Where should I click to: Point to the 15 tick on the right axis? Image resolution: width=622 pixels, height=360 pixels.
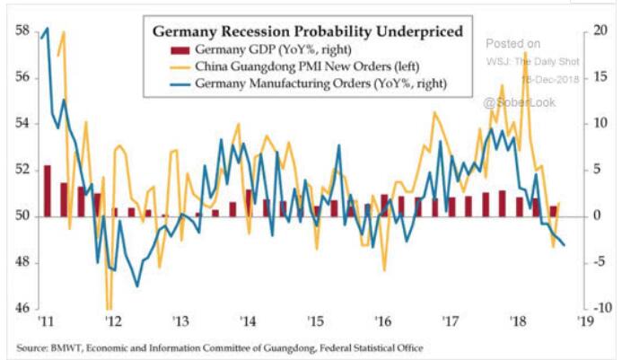tap(601, 77)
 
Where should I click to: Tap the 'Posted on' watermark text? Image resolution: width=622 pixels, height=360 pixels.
tap(513, 43)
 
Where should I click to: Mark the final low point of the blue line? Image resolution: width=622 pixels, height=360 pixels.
tap(564, 245)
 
